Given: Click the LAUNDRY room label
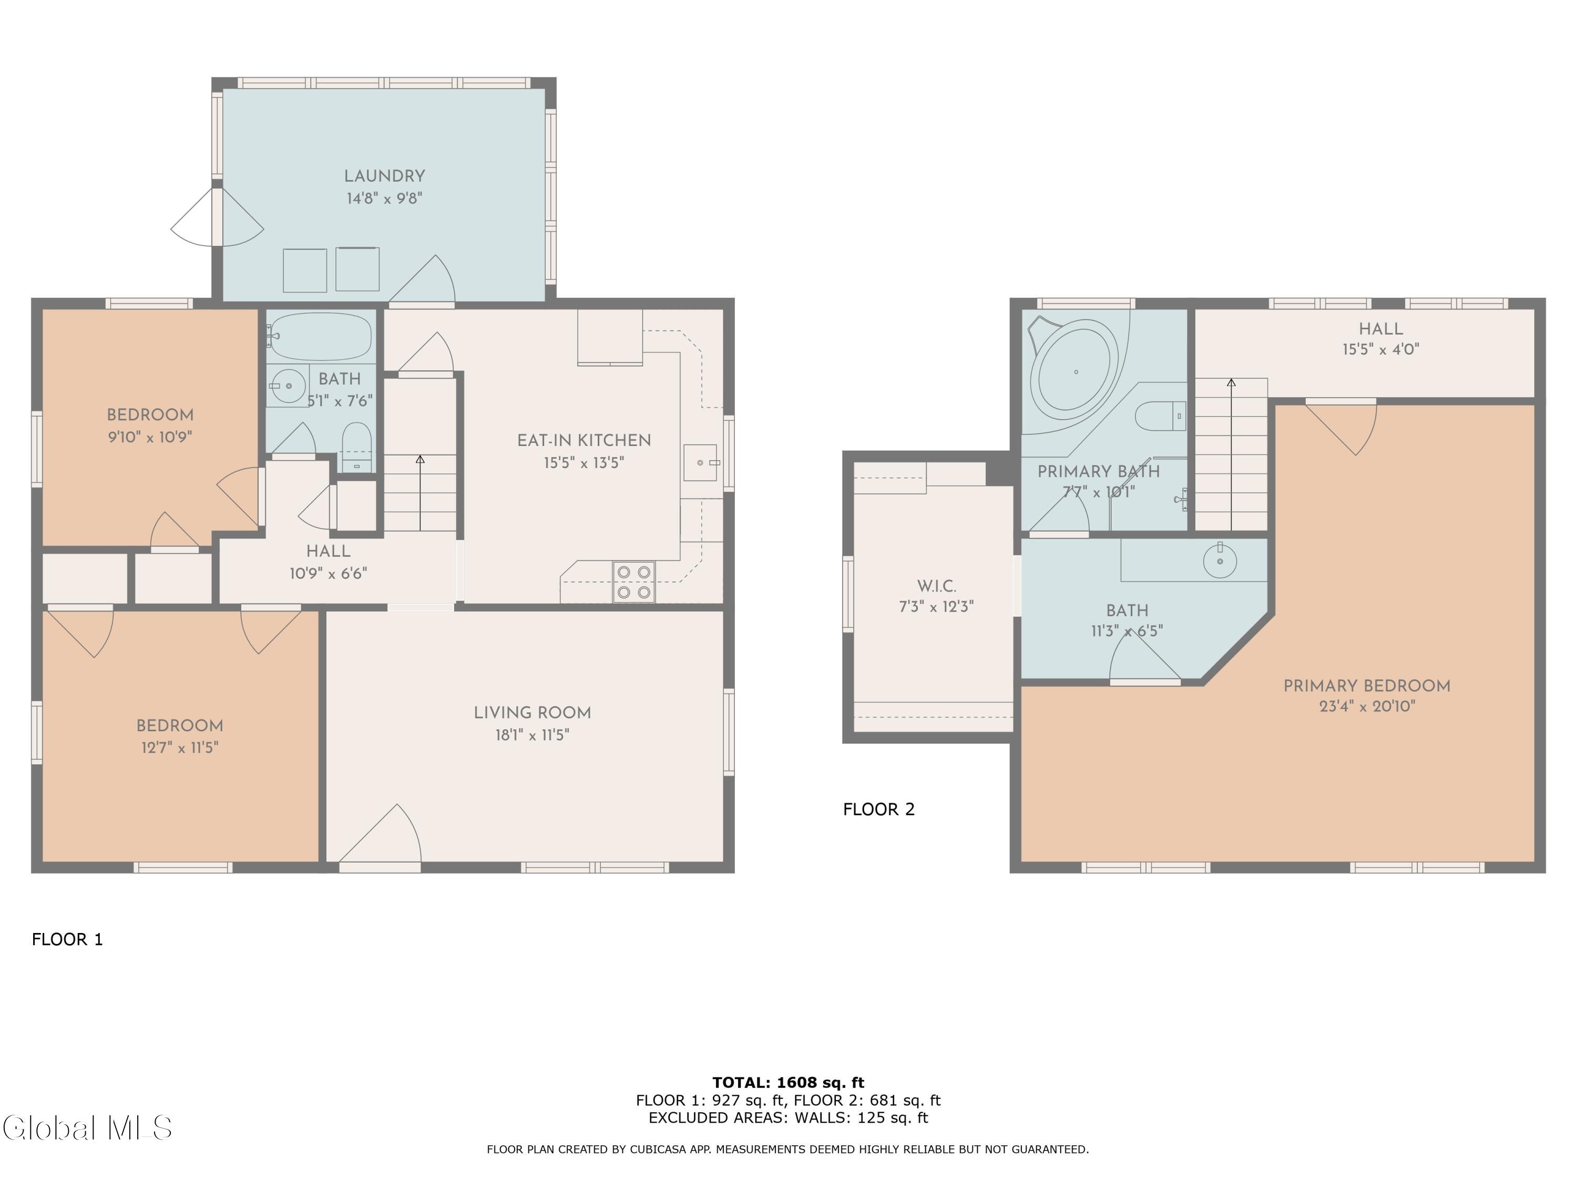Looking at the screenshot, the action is [384, 176].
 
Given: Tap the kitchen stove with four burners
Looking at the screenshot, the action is [634, 582].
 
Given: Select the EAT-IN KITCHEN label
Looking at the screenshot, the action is [584, 440].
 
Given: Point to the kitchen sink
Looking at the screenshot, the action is [701, 462].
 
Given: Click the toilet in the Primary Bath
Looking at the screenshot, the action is [1160, 416].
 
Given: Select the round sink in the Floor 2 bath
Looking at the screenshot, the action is [1220, 561].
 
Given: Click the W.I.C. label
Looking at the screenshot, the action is [936, 586].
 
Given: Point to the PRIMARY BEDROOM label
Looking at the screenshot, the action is [1367, 686].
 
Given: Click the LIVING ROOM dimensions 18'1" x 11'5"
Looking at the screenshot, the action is [533, 734].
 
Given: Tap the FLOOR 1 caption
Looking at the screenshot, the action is [68, 939].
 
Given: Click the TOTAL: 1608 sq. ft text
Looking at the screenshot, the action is [788, 1082].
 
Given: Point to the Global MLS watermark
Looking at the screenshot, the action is [87, 1128].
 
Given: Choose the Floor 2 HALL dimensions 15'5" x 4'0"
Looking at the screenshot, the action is [1381, 349].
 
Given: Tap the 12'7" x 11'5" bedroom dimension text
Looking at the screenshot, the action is [180, 748].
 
